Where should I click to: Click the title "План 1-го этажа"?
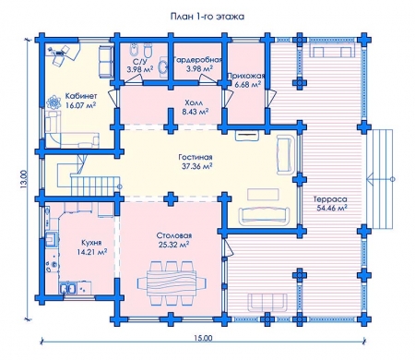207,17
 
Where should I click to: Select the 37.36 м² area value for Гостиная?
196,166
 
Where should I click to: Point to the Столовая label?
174,235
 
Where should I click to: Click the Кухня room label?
91,243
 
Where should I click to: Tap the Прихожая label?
245,76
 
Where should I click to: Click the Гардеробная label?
197,59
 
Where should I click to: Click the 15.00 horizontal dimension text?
203,338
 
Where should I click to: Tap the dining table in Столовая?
172,282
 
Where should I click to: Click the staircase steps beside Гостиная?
95,186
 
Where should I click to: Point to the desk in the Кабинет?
64,53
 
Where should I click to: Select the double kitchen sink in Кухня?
68,289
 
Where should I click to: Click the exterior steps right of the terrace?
382,179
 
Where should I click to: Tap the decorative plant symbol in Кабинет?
54,102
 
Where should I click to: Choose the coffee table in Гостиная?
263,195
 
